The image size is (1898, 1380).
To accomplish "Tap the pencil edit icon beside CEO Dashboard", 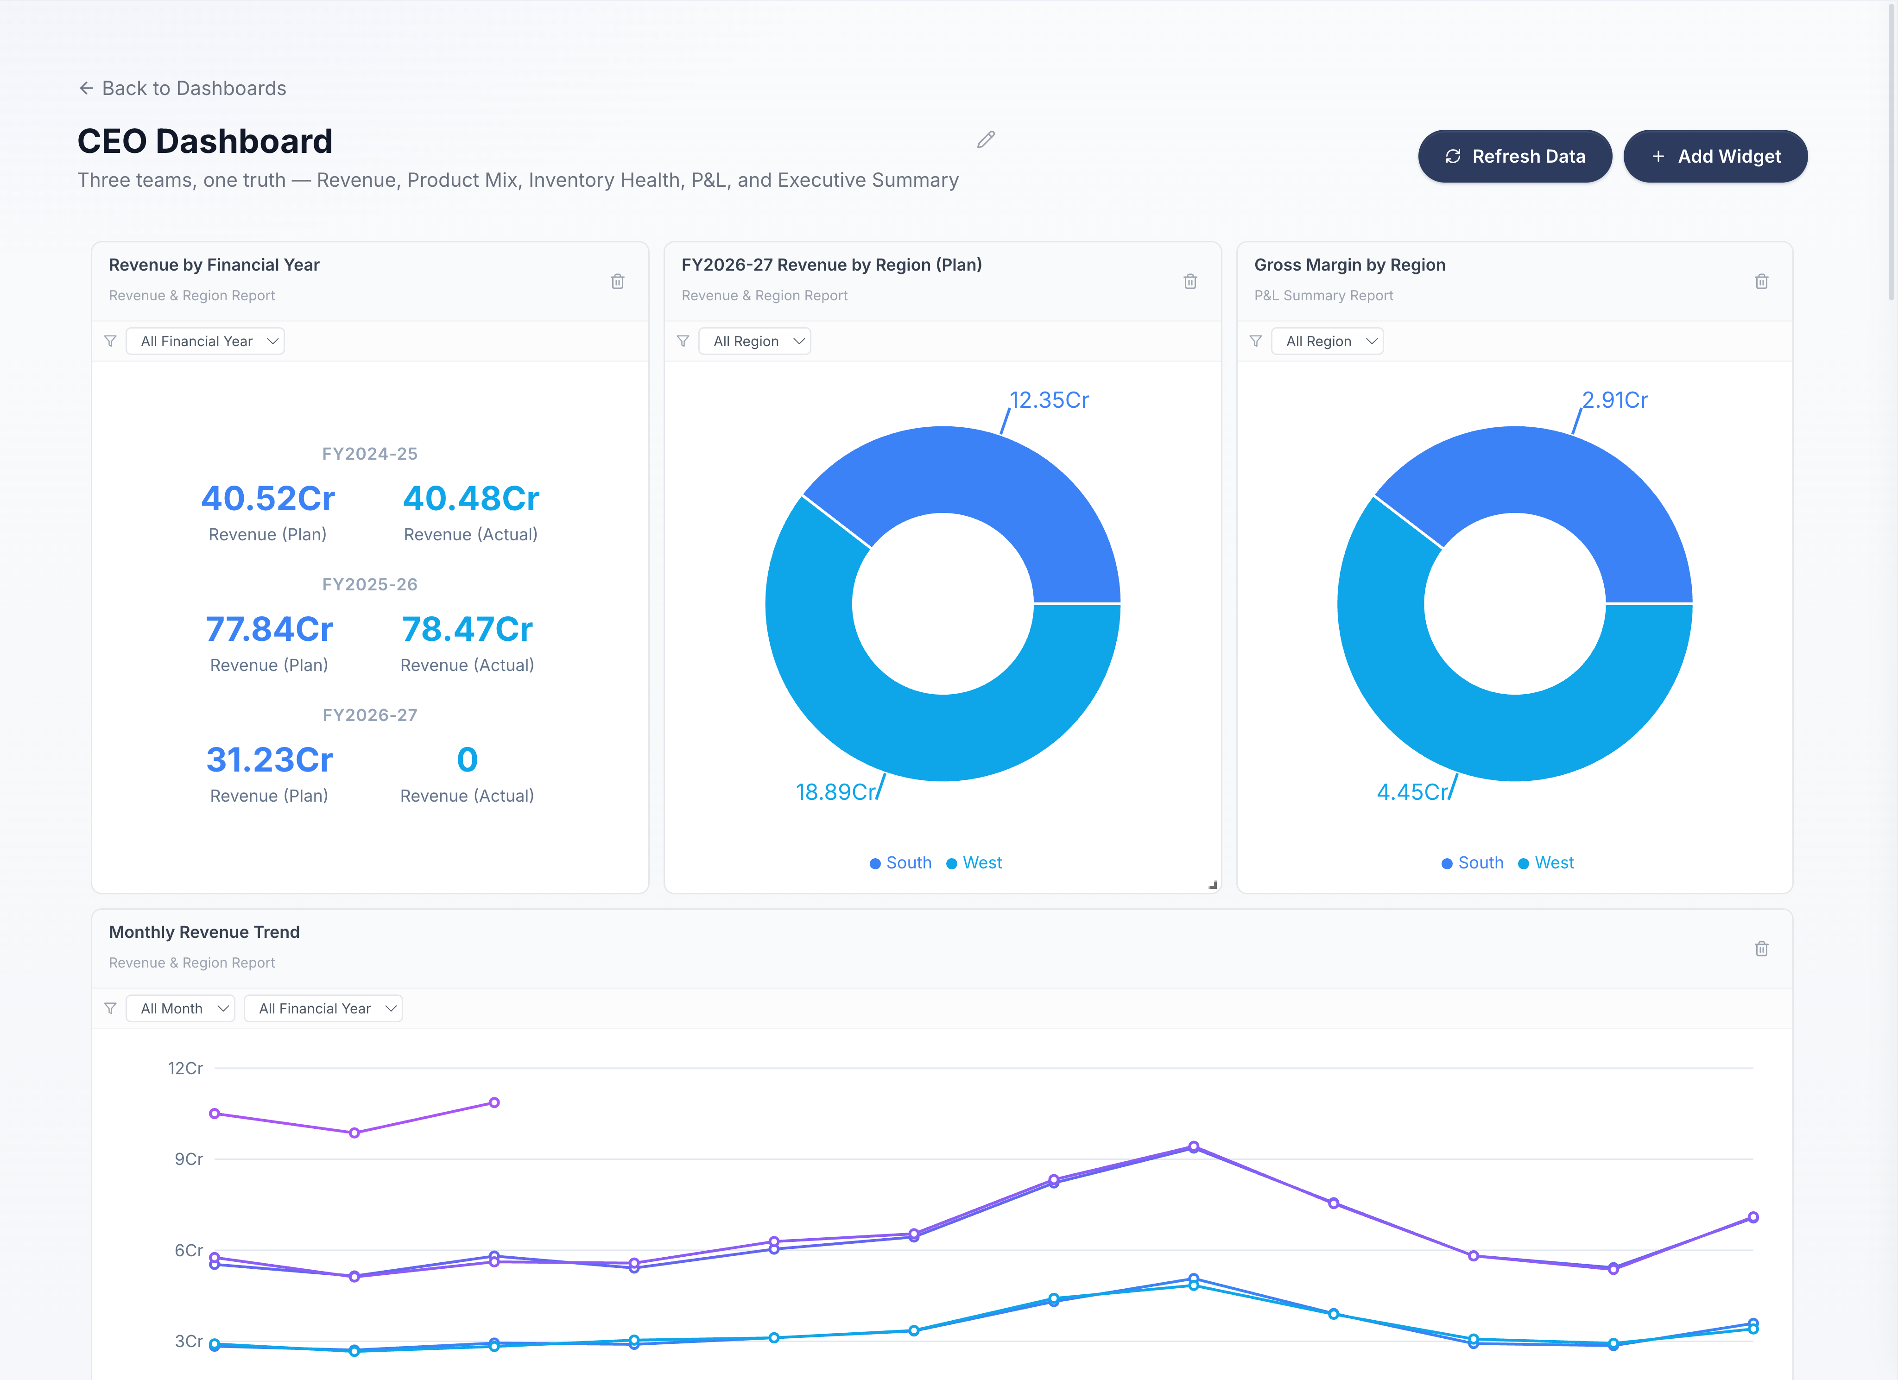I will [986, 140].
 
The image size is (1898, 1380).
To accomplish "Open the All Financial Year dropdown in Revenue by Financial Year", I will [205, 342].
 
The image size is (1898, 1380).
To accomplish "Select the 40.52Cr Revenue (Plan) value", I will [268, 499].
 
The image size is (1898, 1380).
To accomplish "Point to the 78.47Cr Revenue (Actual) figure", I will [467, 629].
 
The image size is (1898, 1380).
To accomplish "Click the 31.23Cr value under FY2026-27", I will [270, 760].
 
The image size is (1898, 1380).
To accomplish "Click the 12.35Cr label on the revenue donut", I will [1049, 400].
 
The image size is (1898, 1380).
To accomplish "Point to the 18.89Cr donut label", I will [835, 791].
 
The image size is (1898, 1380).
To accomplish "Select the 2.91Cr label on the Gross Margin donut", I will [1614, 400].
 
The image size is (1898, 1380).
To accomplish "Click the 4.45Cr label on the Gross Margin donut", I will [1412, 791].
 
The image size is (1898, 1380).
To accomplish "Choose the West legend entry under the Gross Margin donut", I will [1546, 863].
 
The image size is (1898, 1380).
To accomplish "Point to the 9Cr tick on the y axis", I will [188, 1159].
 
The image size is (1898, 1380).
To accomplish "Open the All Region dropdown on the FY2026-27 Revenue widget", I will [754, 342].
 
